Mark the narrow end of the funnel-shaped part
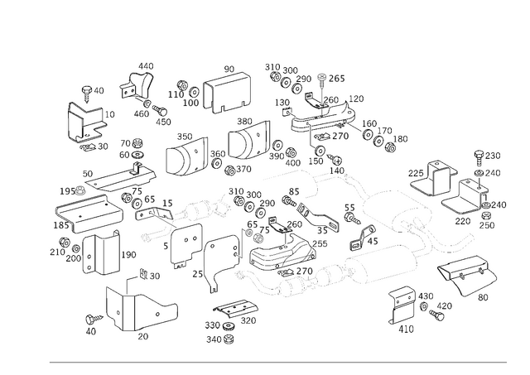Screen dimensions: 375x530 [174, 310]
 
